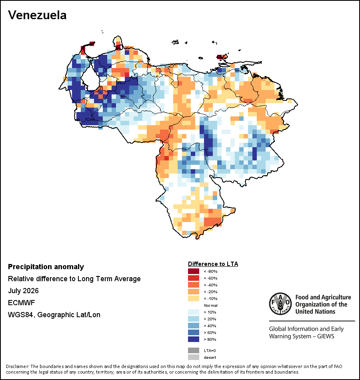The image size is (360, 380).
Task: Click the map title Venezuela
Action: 37,15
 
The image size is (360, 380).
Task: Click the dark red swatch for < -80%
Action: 194,271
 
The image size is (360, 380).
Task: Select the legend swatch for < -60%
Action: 194,278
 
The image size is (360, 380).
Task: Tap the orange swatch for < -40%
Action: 194,285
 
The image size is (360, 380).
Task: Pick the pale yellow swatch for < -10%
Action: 194,298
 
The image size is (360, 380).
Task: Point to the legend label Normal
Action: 211,305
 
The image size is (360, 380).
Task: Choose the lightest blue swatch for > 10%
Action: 194,312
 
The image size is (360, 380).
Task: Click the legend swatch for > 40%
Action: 194,326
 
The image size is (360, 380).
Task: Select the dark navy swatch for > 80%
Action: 194,339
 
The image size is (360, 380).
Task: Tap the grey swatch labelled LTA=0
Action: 194,350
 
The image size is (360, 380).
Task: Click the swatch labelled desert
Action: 194,357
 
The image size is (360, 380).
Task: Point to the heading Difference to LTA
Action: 213,264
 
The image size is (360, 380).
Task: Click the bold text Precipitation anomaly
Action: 46,267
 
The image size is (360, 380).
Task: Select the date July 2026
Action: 23,290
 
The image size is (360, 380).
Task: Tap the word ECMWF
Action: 22,303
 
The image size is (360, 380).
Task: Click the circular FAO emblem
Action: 280,304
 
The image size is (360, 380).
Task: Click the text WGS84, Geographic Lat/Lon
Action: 54,315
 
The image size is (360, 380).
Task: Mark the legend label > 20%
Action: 210,319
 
